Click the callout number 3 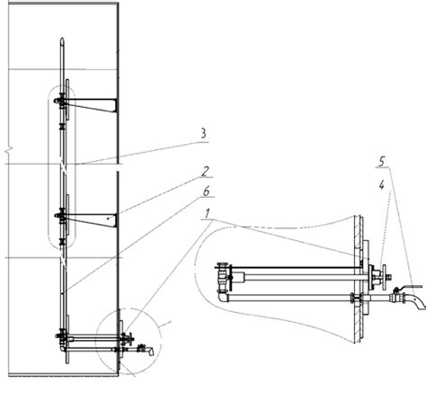[x=203, y=133]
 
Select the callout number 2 [x=205, y=172]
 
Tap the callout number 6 [x=206, y=192]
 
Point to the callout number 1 [x=207, y=214]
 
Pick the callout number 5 [x=381, y=162]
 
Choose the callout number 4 [x=381, y=186]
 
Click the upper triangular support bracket [x=93, y=105]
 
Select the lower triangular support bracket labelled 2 [x=93, y=220]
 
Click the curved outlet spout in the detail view [x=417, y=302]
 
